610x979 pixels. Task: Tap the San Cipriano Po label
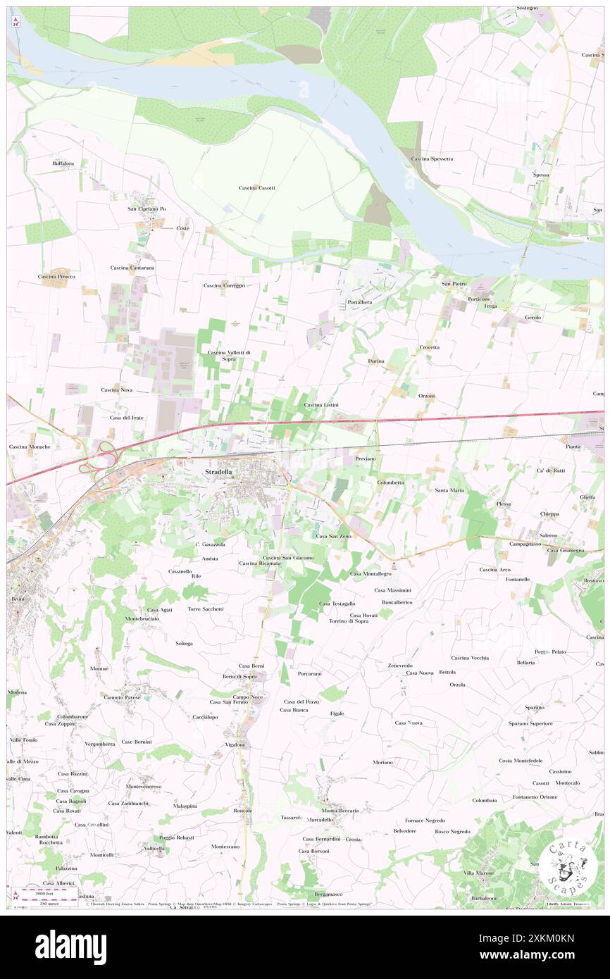point(147,208)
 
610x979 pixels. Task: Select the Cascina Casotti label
point(256,188)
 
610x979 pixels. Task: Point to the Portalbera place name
point(359,301)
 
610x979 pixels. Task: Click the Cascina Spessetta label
point(432,158)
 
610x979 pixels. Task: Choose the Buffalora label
point(63,163)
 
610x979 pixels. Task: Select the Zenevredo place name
point(400,665)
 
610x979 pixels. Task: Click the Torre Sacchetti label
point(206,609)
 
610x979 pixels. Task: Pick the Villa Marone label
point(479,873)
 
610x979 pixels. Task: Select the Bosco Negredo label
point(452,831)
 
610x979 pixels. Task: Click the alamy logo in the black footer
point(70,947)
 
